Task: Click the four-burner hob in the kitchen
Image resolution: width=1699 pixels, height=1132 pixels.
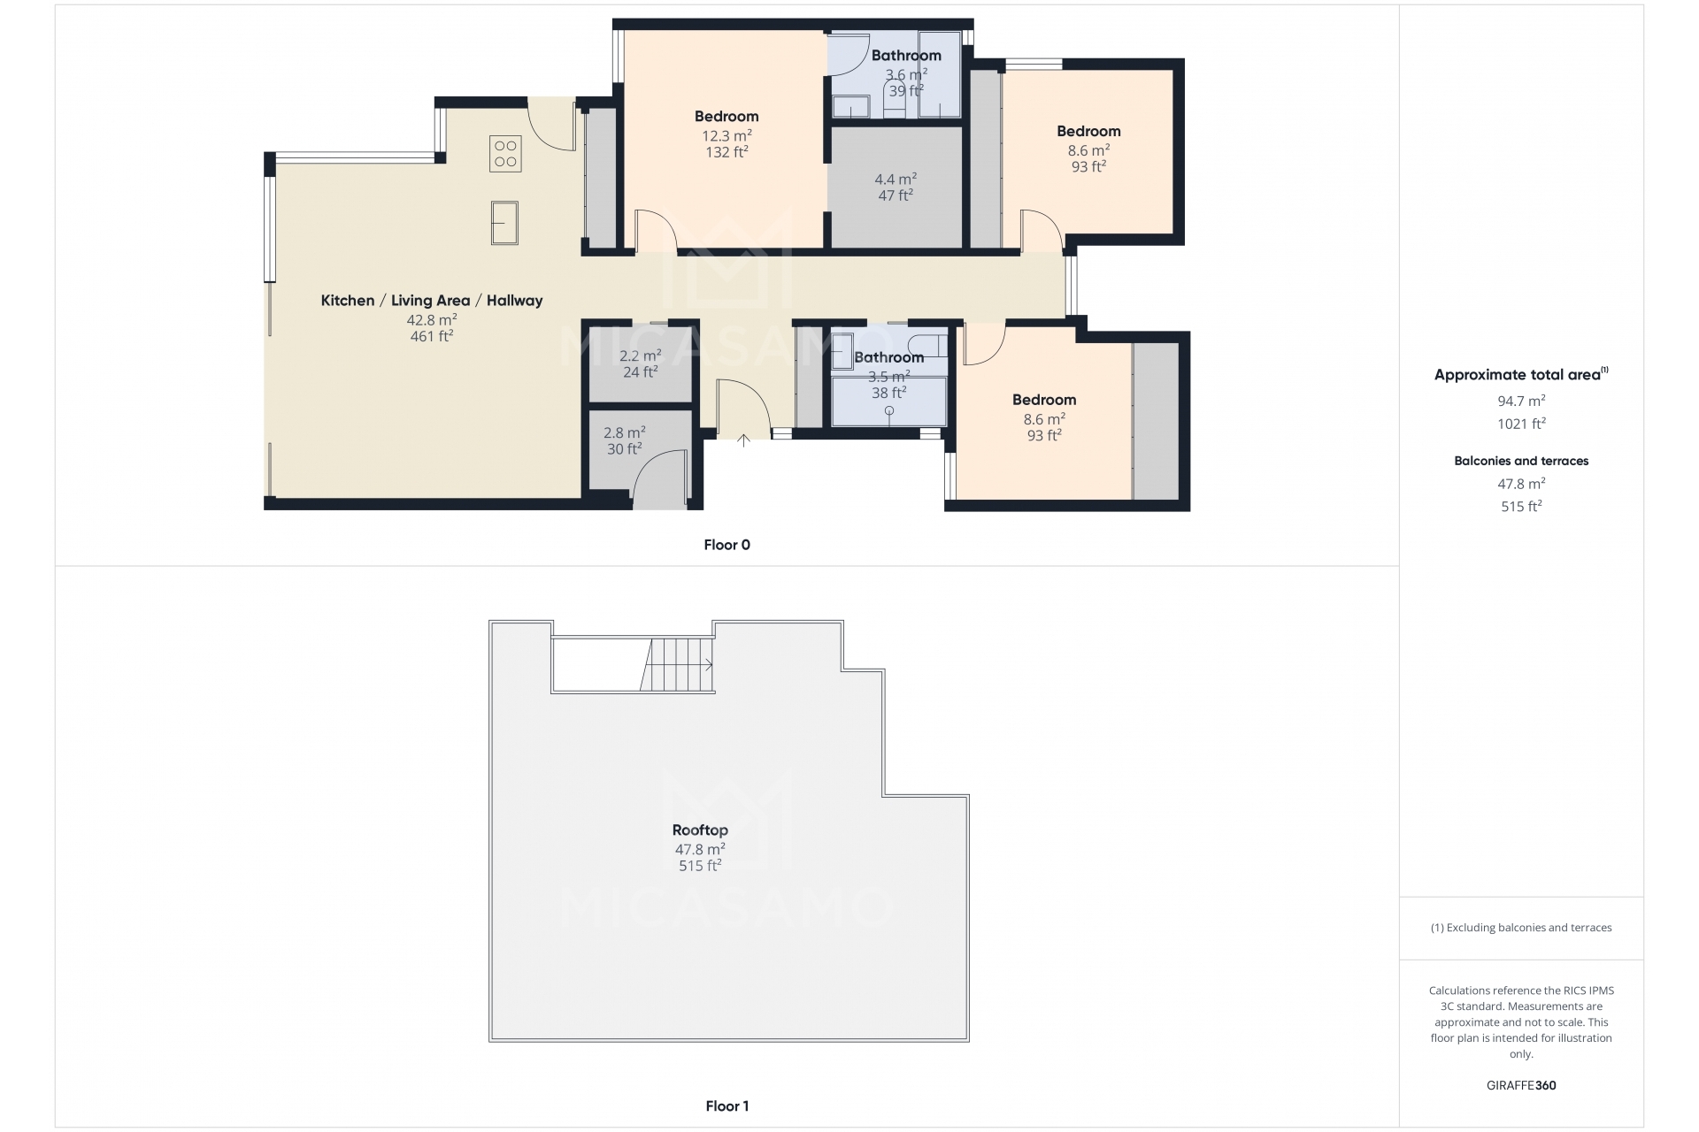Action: click(x=505, y=154)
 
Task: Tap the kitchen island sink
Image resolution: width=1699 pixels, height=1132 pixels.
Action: click(x=504, y=223)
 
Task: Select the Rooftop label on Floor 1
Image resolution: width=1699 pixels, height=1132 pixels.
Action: click(x=700, y=830)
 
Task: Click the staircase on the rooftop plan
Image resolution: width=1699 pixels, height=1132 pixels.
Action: click(x=677, y=665)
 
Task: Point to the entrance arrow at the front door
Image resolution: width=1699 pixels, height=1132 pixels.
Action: click(x=743, y=440)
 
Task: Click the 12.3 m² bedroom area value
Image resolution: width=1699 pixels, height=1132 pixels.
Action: click(x=726, y=135)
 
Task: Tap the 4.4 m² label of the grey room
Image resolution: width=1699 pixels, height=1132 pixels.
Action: click(x=896, y=179)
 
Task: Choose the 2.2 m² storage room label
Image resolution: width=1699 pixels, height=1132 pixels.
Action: click(x=641, y=356)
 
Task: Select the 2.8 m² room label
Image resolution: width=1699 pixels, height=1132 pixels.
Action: click(x=625, y=432)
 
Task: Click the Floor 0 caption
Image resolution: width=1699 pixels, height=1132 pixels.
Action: click(x=727, y=545)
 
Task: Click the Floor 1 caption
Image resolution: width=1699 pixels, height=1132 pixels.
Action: click(x=727, y=1105)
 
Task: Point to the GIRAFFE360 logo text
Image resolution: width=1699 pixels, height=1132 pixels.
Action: click(x=1521, y=1085)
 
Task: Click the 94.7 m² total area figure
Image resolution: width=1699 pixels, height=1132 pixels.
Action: click(x=1521, y=401)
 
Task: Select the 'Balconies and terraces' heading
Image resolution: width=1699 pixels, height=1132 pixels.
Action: click(x=1521, y=461)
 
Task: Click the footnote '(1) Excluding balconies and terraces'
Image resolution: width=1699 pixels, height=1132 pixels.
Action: click(x=1521, y=928)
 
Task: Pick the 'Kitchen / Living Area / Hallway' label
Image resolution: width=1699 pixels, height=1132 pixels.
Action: click(x=432, y=301)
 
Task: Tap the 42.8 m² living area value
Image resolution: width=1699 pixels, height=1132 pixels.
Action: click(x=432, y=320)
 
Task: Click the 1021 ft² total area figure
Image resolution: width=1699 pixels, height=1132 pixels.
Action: click(x=1521, y=424)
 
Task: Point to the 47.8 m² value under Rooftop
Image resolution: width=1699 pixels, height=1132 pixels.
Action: click(x=700, y=850)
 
